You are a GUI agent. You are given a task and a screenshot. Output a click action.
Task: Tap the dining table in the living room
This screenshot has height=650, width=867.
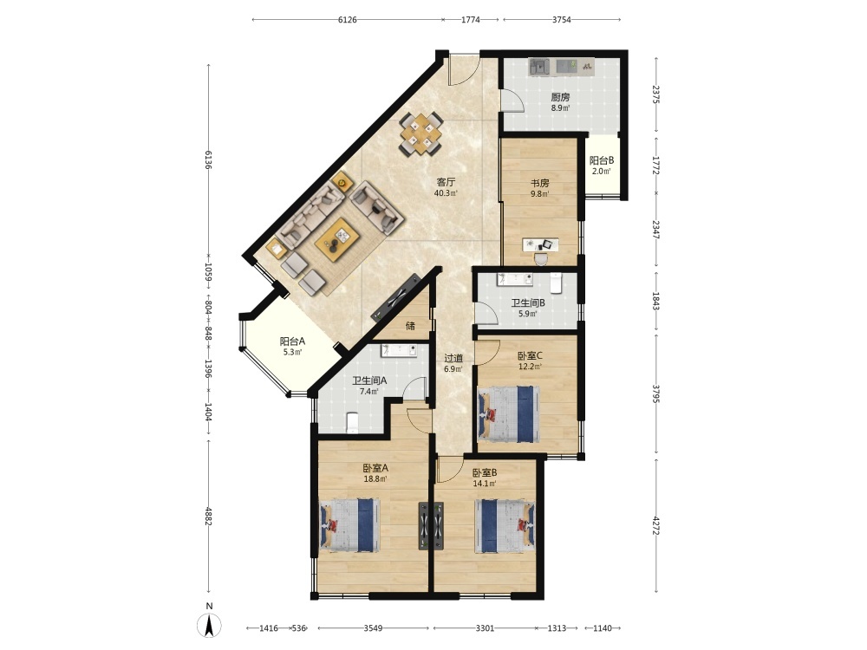click(x=421, y=134)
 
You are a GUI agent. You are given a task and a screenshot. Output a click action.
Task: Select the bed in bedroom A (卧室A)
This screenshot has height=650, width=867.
click(x=350, y=525)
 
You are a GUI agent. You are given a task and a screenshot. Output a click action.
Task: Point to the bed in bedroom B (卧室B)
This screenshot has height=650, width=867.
click(x=505, y=526)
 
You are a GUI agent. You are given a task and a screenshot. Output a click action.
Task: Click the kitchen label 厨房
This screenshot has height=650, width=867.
click(x=560, y=97)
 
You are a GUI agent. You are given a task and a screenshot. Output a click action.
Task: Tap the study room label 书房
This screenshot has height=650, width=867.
click(x=539, y=183)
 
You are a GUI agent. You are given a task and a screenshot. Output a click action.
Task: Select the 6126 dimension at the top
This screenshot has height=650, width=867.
click(x=348, y=20)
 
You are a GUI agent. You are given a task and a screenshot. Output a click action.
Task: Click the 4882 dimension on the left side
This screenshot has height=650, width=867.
click(x=208, y=516)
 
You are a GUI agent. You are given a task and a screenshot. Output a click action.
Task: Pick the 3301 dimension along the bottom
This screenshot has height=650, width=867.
click(x=485, y=627)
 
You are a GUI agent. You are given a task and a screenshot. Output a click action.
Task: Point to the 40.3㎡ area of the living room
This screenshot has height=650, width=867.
click(x=446, y=193)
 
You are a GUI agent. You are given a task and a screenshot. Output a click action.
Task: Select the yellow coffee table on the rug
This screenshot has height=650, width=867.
click(x=337, y=239)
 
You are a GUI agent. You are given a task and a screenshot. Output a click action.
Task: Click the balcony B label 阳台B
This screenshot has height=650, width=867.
click(x=602, y=161)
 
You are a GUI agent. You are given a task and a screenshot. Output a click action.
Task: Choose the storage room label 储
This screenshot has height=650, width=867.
click(x=410, y=326)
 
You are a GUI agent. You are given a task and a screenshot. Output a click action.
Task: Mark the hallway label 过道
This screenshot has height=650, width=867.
click(x=453, y=358)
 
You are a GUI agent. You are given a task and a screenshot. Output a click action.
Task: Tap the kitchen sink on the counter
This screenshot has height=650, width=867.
click(x=539, y=67)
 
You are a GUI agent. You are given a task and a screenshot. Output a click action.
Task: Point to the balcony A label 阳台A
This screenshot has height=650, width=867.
click(x=292, y=341)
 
